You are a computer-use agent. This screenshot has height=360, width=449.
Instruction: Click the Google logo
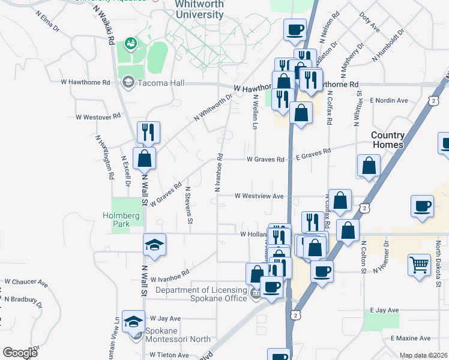(x=20, y=352)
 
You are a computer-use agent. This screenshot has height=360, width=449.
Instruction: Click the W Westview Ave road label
(x=259, y=196)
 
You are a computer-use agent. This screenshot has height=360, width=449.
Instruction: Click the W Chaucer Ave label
(x=26, y=281)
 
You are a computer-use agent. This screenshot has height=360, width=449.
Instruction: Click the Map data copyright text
(x=423, y=355)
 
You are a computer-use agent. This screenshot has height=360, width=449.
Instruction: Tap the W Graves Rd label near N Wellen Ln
(x=265, y=160)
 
